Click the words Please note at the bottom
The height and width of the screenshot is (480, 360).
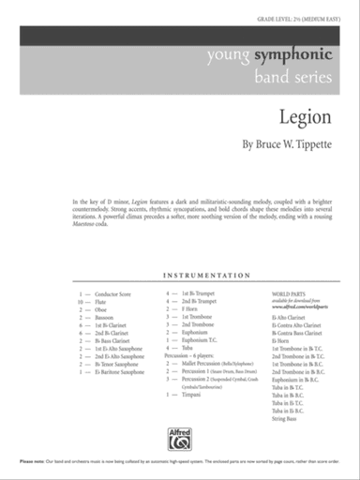(x=33, y=463)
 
